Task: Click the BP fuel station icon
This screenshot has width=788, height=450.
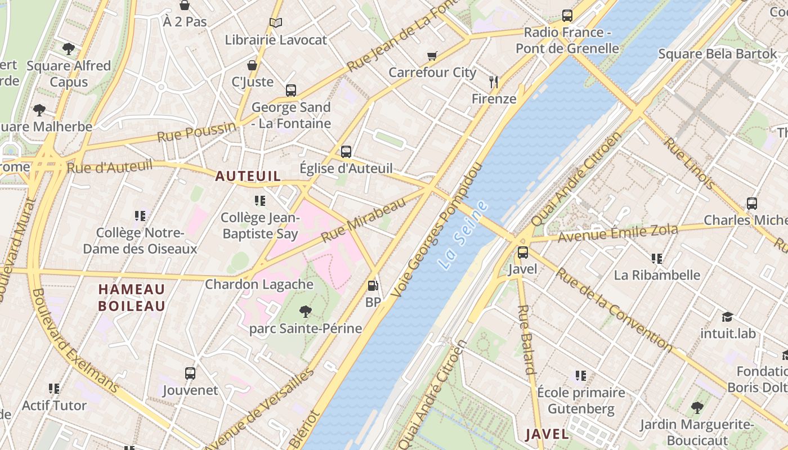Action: (373, 286)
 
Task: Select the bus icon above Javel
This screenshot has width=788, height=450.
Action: (523, 252)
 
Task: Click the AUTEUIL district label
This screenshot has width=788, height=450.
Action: (248, 176)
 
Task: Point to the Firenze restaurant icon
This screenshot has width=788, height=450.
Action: (494, 82)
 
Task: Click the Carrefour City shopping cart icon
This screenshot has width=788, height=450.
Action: (432, 56)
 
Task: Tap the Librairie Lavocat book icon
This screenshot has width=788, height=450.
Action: (275, 23)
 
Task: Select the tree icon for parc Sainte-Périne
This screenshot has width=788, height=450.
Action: (306, 310)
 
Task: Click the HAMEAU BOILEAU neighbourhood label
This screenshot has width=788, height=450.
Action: (132, 298)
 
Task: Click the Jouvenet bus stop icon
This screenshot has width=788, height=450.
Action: (190, 373)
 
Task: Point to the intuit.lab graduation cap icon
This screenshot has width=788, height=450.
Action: (728, 317)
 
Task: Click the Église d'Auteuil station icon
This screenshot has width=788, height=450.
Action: (346, 151)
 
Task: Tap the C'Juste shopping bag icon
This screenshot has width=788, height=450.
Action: (252, 65)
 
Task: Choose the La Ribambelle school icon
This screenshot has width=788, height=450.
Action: (656, 258)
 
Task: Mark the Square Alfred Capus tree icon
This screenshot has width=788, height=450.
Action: (69, 49)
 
